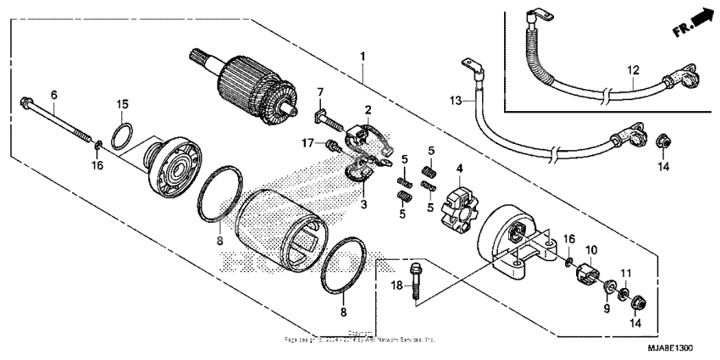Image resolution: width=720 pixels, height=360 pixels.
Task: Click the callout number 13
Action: pos(455,101)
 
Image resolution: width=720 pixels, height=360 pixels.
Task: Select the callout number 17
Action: pos(307,143)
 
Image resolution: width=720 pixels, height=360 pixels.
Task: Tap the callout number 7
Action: pos(322,91)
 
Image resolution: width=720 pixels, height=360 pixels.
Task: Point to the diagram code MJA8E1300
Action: pos(669,346)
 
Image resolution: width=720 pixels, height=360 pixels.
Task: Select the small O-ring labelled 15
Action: pos(122,133)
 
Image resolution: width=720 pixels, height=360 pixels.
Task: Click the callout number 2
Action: pos(368,110)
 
